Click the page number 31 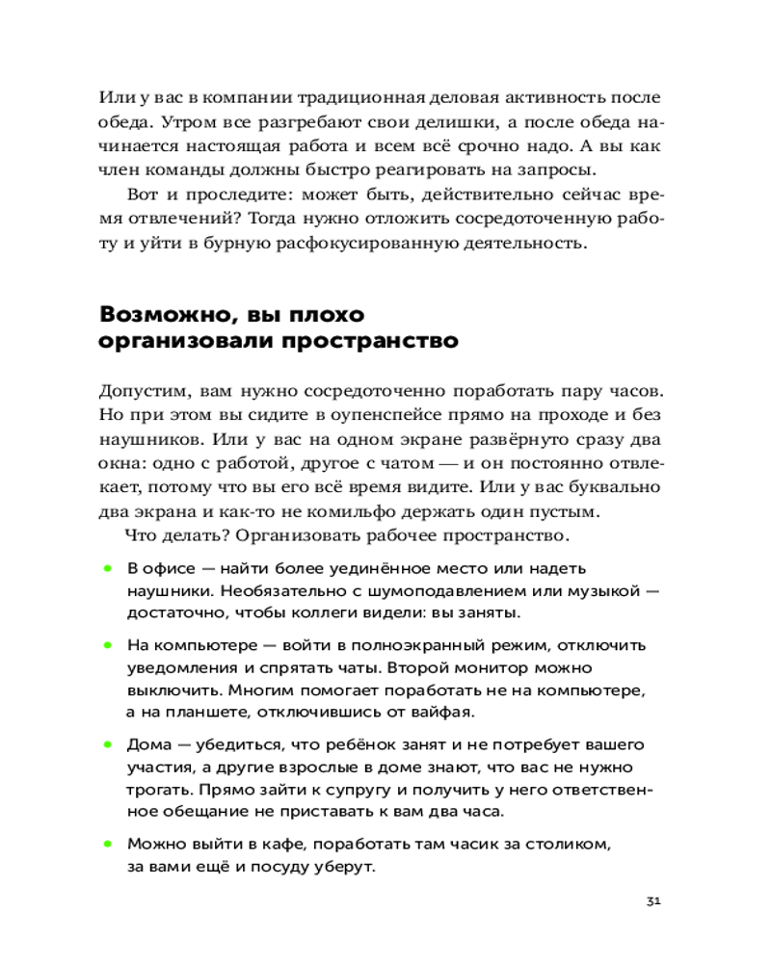pyautogui.click(x=653, y=901)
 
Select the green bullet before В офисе pyautogui.click(x=108, y=568)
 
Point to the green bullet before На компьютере pyautogui.click(x=108, y=644)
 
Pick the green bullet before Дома pyautogui.click(x=108, y=744)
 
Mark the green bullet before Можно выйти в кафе pyautogui.click(x=108, y=844)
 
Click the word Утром pyautogui.click(x=187, y=123)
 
